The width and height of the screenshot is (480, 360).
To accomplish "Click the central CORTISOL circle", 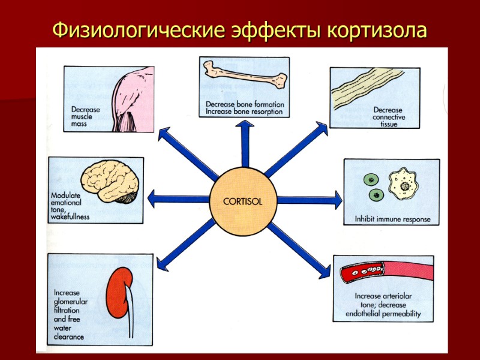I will click(242, 201).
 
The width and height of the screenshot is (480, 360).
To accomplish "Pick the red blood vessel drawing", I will click(384, 273).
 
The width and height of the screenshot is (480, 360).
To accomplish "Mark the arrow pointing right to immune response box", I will click(309, 199).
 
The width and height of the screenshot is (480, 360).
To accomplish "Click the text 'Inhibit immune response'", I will click(392, 219).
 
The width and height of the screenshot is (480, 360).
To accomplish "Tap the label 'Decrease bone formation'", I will click(244, 104).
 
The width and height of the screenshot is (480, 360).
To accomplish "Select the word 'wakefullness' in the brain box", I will click(70, 217).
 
